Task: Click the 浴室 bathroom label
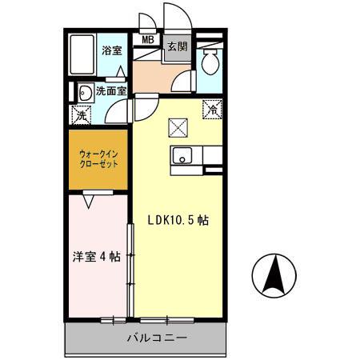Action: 111,50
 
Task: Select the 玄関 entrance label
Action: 177,46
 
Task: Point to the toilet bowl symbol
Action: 210,61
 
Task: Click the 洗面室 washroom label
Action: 111,91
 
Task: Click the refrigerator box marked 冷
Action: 213,109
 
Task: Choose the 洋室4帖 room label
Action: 97,257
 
